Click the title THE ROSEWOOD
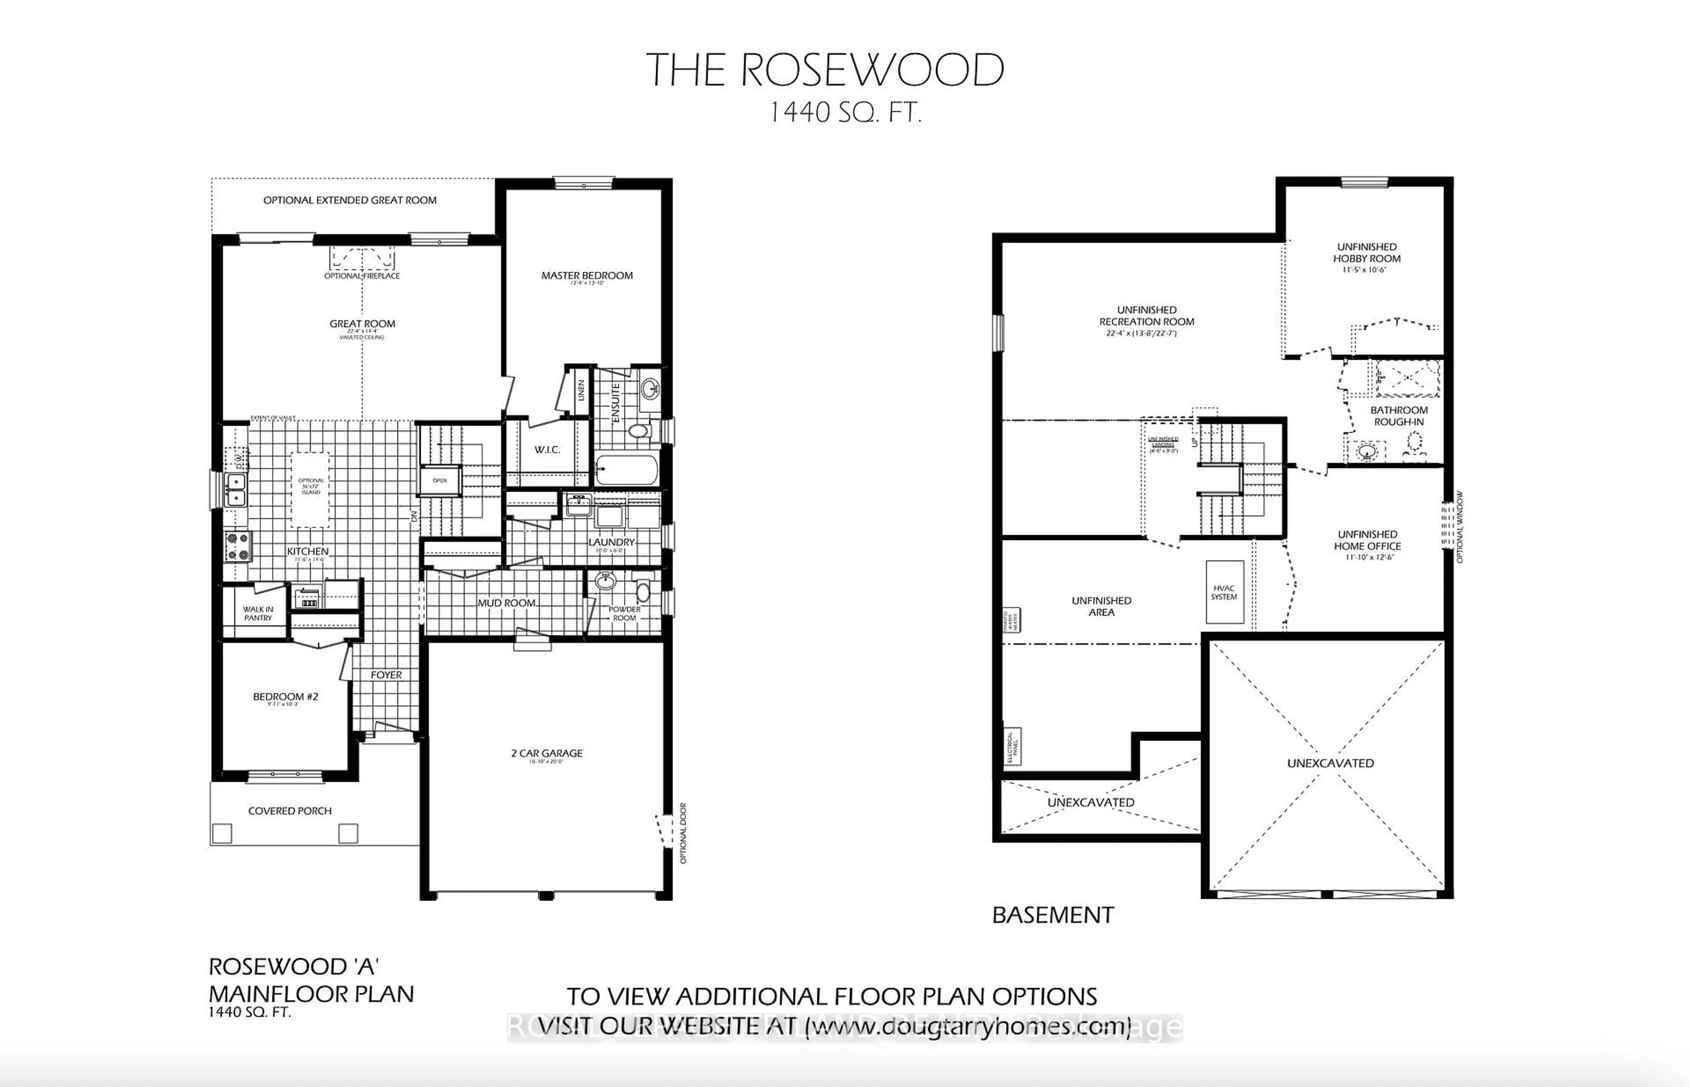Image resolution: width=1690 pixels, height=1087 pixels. [x=824, y=71]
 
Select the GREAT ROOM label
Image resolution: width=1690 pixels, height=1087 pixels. [x=362, y=324]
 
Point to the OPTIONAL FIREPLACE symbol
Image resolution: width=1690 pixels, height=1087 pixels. [x=362, y=259]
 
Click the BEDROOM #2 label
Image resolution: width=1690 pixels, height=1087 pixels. [x=285, y=697]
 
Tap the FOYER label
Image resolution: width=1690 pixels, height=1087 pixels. [x=386, y=675]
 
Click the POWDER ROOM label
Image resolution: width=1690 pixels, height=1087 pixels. [x=625, y=613]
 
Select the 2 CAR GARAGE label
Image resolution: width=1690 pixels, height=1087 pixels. [x=547, y=753]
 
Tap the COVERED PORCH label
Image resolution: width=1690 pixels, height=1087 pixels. [x=290, y=811]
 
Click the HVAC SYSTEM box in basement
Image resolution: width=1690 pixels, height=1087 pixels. [x=1224, y=592]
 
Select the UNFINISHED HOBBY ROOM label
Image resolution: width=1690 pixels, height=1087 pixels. [x=1367, y=253]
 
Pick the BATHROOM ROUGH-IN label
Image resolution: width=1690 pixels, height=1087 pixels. [x=1398, y=416]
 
